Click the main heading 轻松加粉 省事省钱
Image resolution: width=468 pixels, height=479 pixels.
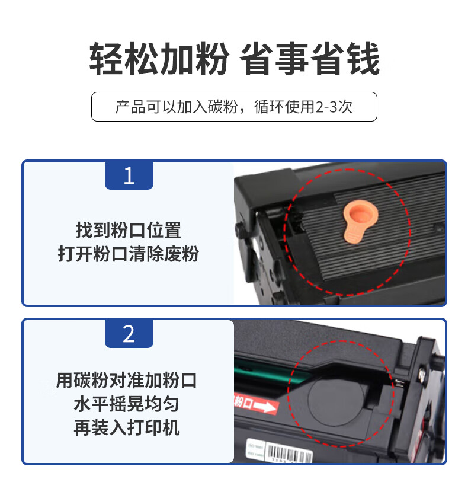coord(234,59)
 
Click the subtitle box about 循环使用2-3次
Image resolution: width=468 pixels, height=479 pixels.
coord(234,107)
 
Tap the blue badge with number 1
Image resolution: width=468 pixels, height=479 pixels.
coord(129,175)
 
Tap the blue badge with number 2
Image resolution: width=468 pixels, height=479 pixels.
coord(129,334)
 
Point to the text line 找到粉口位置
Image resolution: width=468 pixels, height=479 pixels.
coord(129,231)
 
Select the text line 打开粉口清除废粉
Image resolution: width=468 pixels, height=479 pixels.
coord(129,254)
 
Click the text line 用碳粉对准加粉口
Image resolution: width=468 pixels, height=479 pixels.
coord(126,381)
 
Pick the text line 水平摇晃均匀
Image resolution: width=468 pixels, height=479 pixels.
coord(126,404)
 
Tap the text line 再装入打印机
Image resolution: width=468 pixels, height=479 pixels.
coord(126,427)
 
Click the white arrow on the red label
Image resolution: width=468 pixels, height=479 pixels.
coord(265,407)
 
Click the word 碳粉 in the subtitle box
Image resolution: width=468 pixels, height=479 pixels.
coord(223,107)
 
